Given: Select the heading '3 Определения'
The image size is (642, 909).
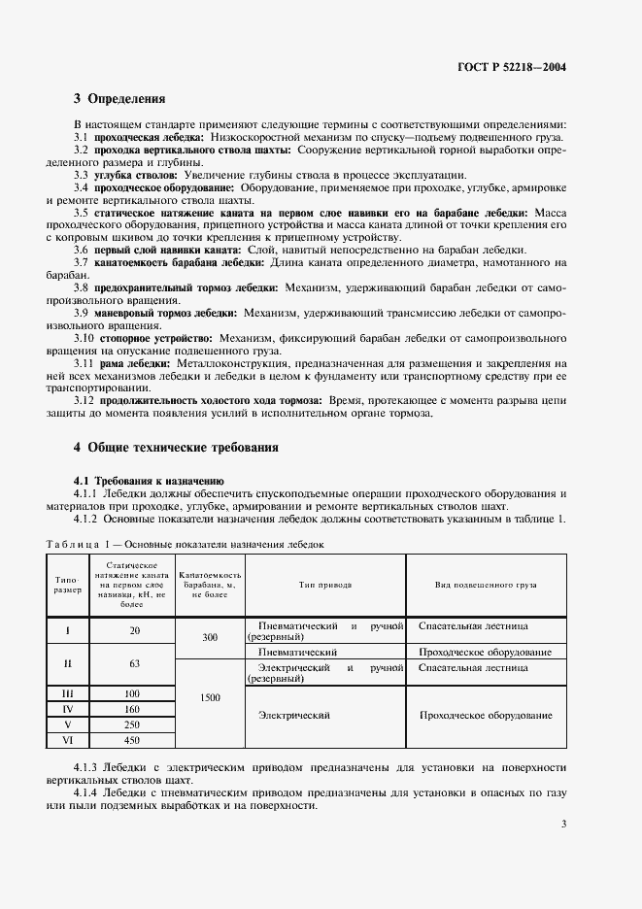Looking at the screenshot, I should pos(119,98).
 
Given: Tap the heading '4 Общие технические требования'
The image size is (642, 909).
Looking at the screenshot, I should pos(176,448).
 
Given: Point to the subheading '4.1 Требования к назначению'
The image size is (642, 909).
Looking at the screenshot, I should pos(150,480).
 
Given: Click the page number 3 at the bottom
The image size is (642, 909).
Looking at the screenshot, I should pos(564,825).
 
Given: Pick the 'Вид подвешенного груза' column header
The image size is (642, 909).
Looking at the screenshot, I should pos(486,586).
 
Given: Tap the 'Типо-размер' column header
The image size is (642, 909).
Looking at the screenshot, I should pos(67,586).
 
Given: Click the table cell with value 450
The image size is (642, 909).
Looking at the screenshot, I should pos(134,740).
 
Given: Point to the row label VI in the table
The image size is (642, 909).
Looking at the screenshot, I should pos(67,740).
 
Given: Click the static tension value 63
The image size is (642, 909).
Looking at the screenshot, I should pos(134,664).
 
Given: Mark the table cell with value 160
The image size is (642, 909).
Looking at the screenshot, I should pos(134,710).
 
